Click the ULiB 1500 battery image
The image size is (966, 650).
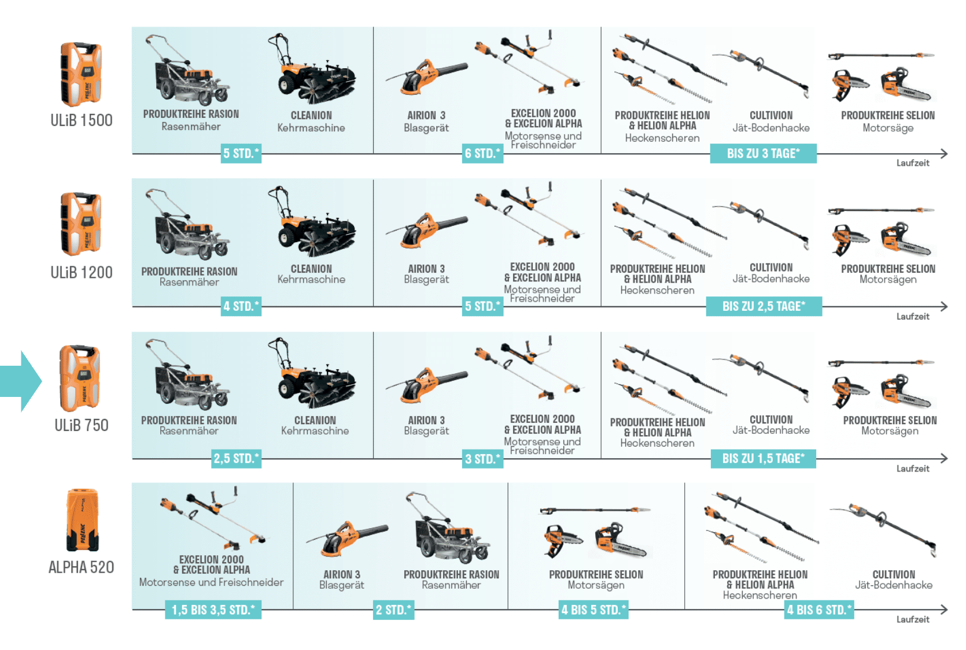[x=81, y=74]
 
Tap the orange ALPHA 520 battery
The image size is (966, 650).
[x=82, y=520]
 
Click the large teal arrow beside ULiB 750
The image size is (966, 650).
[x=21, y=381]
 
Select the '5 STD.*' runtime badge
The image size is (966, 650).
[x=241, y=153]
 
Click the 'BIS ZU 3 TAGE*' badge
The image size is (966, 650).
[x=764, y=153]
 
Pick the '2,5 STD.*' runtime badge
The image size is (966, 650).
[x=237, y=458]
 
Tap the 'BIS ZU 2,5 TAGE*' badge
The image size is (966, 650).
[x=764, y=306]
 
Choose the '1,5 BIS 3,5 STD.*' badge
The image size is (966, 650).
[x=213, y=610]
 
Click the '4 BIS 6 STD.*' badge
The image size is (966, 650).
[x=819, y=610]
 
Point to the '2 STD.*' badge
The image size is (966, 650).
[x=394, y=610]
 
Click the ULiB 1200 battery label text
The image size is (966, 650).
[x=82, y=273]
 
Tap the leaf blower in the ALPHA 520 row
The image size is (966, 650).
[x=348, y=541]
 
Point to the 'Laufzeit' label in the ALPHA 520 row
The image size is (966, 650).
[x=913, y=619]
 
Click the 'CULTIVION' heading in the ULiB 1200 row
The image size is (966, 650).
[x=771, y=268]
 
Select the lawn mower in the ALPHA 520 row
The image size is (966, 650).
[x=448, y=528]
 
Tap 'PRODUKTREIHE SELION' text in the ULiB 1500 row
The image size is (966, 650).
[x=888, y=116]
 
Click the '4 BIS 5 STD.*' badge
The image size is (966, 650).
[x=593, y=610]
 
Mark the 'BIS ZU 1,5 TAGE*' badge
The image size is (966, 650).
[x=764, y=458]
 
